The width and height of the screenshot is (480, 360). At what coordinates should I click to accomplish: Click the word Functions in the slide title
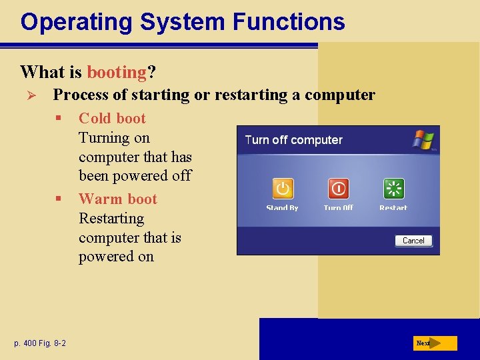click(x=289, y=21)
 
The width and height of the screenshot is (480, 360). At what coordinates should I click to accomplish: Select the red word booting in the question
click(x=117, y=71)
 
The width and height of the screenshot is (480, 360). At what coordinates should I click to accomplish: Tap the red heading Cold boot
click(x=112, y=119)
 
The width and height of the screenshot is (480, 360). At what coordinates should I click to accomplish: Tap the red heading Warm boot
click(x=117, y=199)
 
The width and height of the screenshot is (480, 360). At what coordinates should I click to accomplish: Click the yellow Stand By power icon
click(x=282, y=189)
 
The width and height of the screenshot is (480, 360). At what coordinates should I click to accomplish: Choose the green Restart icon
click(x=393, y=189)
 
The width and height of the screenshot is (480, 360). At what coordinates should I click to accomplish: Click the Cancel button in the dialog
click(x=413, y=241)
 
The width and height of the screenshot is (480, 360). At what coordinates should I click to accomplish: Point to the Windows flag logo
click(x=423, y=140)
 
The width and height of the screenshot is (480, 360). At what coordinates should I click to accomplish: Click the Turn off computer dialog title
click(x=293, y=140)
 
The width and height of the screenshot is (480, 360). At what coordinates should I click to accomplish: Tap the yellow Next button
click(x=434, y=343)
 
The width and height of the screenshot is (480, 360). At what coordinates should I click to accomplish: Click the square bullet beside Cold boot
click(x=59, y=119)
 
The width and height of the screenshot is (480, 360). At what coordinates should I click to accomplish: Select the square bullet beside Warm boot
click(x=59, y=199)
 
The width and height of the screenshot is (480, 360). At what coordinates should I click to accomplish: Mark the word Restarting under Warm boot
click(x=111, y=219)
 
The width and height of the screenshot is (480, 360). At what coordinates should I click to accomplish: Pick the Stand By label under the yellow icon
click(x=282, y=208)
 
